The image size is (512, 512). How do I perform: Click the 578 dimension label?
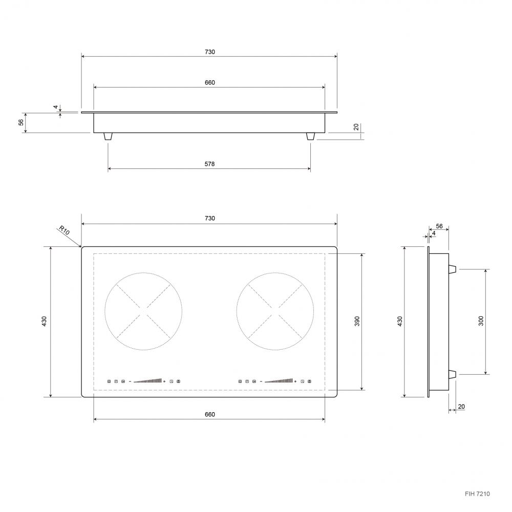209,164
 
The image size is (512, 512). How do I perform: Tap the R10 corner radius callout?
65,230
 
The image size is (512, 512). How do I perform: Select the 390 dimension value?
357,321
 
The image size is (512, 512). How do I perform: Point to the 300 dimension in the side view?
481,321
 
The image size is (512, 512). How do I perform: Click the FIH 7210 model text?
477,494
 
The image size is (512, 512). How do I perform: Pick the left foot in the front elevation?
108,137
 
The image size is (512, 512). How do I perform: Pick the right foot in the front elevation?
311,137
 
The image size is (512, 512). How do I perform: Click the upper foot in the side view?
453,269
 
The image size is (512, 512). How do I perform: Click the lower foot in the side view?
453,374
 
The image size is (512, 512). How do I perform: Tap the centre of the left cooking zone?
143,311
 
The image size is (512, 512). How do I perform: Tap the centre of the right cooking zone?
275,311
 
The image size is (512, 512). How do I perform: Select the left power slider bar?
147,381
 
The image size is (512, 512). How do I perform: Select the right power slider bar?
279,381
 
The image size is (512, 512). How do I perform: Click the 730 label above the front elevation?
209,52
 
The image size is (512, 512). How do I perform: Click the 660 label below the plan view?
209,414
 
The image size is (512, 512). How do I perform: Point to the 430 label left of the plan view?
45,322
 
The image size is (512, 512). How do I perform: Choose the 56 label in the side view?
439,226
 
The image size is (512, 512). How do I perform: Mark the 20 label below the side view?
461,407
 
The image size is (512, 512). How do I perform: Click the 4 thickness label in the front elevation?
56,107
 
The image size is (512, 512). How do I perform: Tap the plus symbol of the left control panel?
164,381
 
